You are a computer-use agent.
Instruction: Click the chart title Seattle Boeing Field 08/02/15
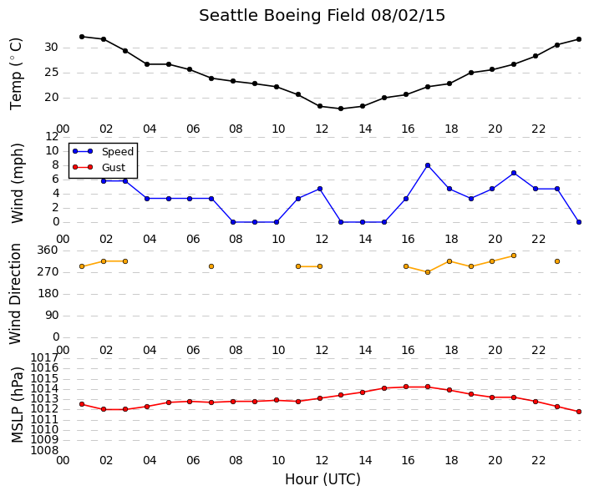[x=322, y=16]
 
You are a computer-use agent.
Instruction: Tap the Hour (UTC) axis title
[x=322, y=479]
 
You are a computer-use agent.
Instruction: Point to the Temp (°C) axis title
[x=16, y=74]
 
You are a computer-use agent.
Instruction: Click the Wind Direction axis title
[x=15, y=294]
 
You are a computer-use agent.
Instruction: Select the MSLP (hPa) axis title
[x=17, y=405]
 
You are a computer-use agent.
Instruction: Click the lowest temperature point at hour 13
[x=341, y=109]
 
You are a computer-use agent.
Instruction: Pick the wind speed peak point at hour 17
[x=428, y=165]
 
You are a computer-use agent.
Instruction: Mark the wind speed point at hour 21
[x=514, y=173]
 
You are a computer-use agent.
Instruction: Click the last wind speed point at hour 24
[x=579, y=222]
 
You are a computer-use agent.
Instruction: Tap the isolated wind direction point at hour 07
[x=211, y=266]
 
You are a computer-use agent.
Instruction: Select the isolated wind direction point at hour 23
[x=557, y=261]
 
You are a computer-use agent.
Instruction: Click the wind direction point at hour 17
[x=428, y=272]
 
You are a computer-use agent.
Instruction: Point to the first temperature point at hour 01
[x=82, y=37]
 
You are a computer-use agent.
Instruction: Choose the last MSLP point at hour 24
[x=579, y=412]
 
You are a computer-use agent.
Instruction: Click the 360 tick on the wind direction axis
[x=48, y=251]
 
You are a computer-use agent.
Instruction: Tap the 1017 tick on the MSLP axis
[x=44, y=357]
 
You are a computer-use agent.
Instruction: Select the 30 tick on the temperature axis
[x=52, y=48]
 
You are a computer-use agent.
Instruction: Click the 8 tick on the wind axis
[x=56, y=164]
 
